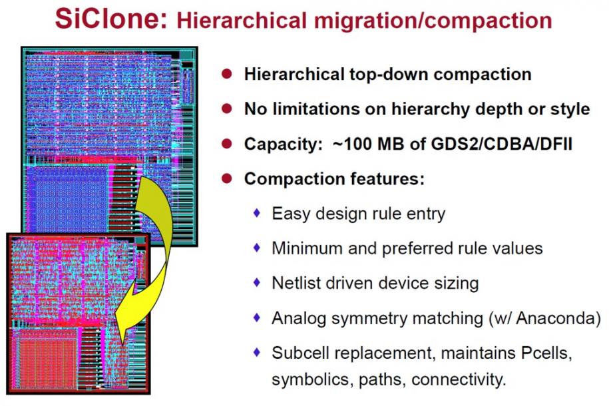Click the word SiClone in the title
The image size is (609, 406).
[110, 18]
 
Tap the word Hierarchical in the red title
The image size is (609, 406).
[242, 20]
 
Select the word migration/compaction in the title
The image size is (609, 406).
[433, 21]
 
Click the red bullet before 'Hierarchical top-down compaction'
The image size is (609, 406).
[227, 73]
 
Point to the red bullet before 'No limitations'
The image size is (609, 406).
[227, 108]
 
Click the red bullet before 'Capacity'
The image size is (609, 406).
[227, 143]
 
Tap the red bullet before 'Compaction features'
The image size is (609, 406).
[227, 178]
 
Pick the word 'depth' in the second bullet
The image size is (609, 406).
[499, 109]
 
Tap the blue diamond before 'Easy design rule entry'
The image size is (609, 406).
[257, 212]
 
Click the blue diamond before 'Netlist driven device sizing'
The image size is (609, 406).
[257, 282]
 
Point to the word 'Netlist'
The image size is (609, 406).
[295, 283]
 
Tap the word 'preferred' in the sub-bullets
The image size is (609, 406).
[414, 249]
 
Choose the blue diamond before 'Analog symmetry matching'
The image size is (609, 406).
[257, 317]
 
